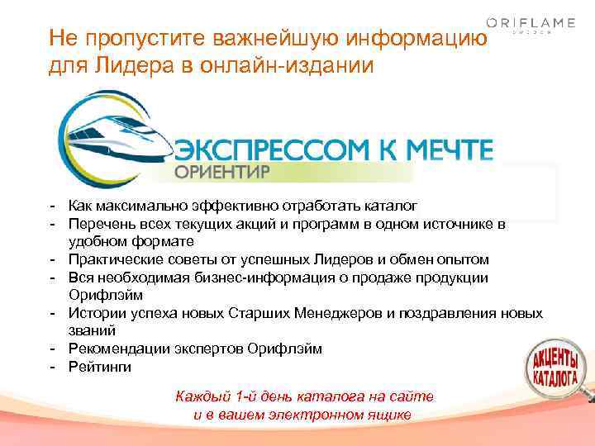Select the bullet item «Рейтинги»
(100, 367)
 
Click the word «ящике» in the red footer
(389, 415)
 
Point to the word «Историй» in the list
(96, 313)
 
